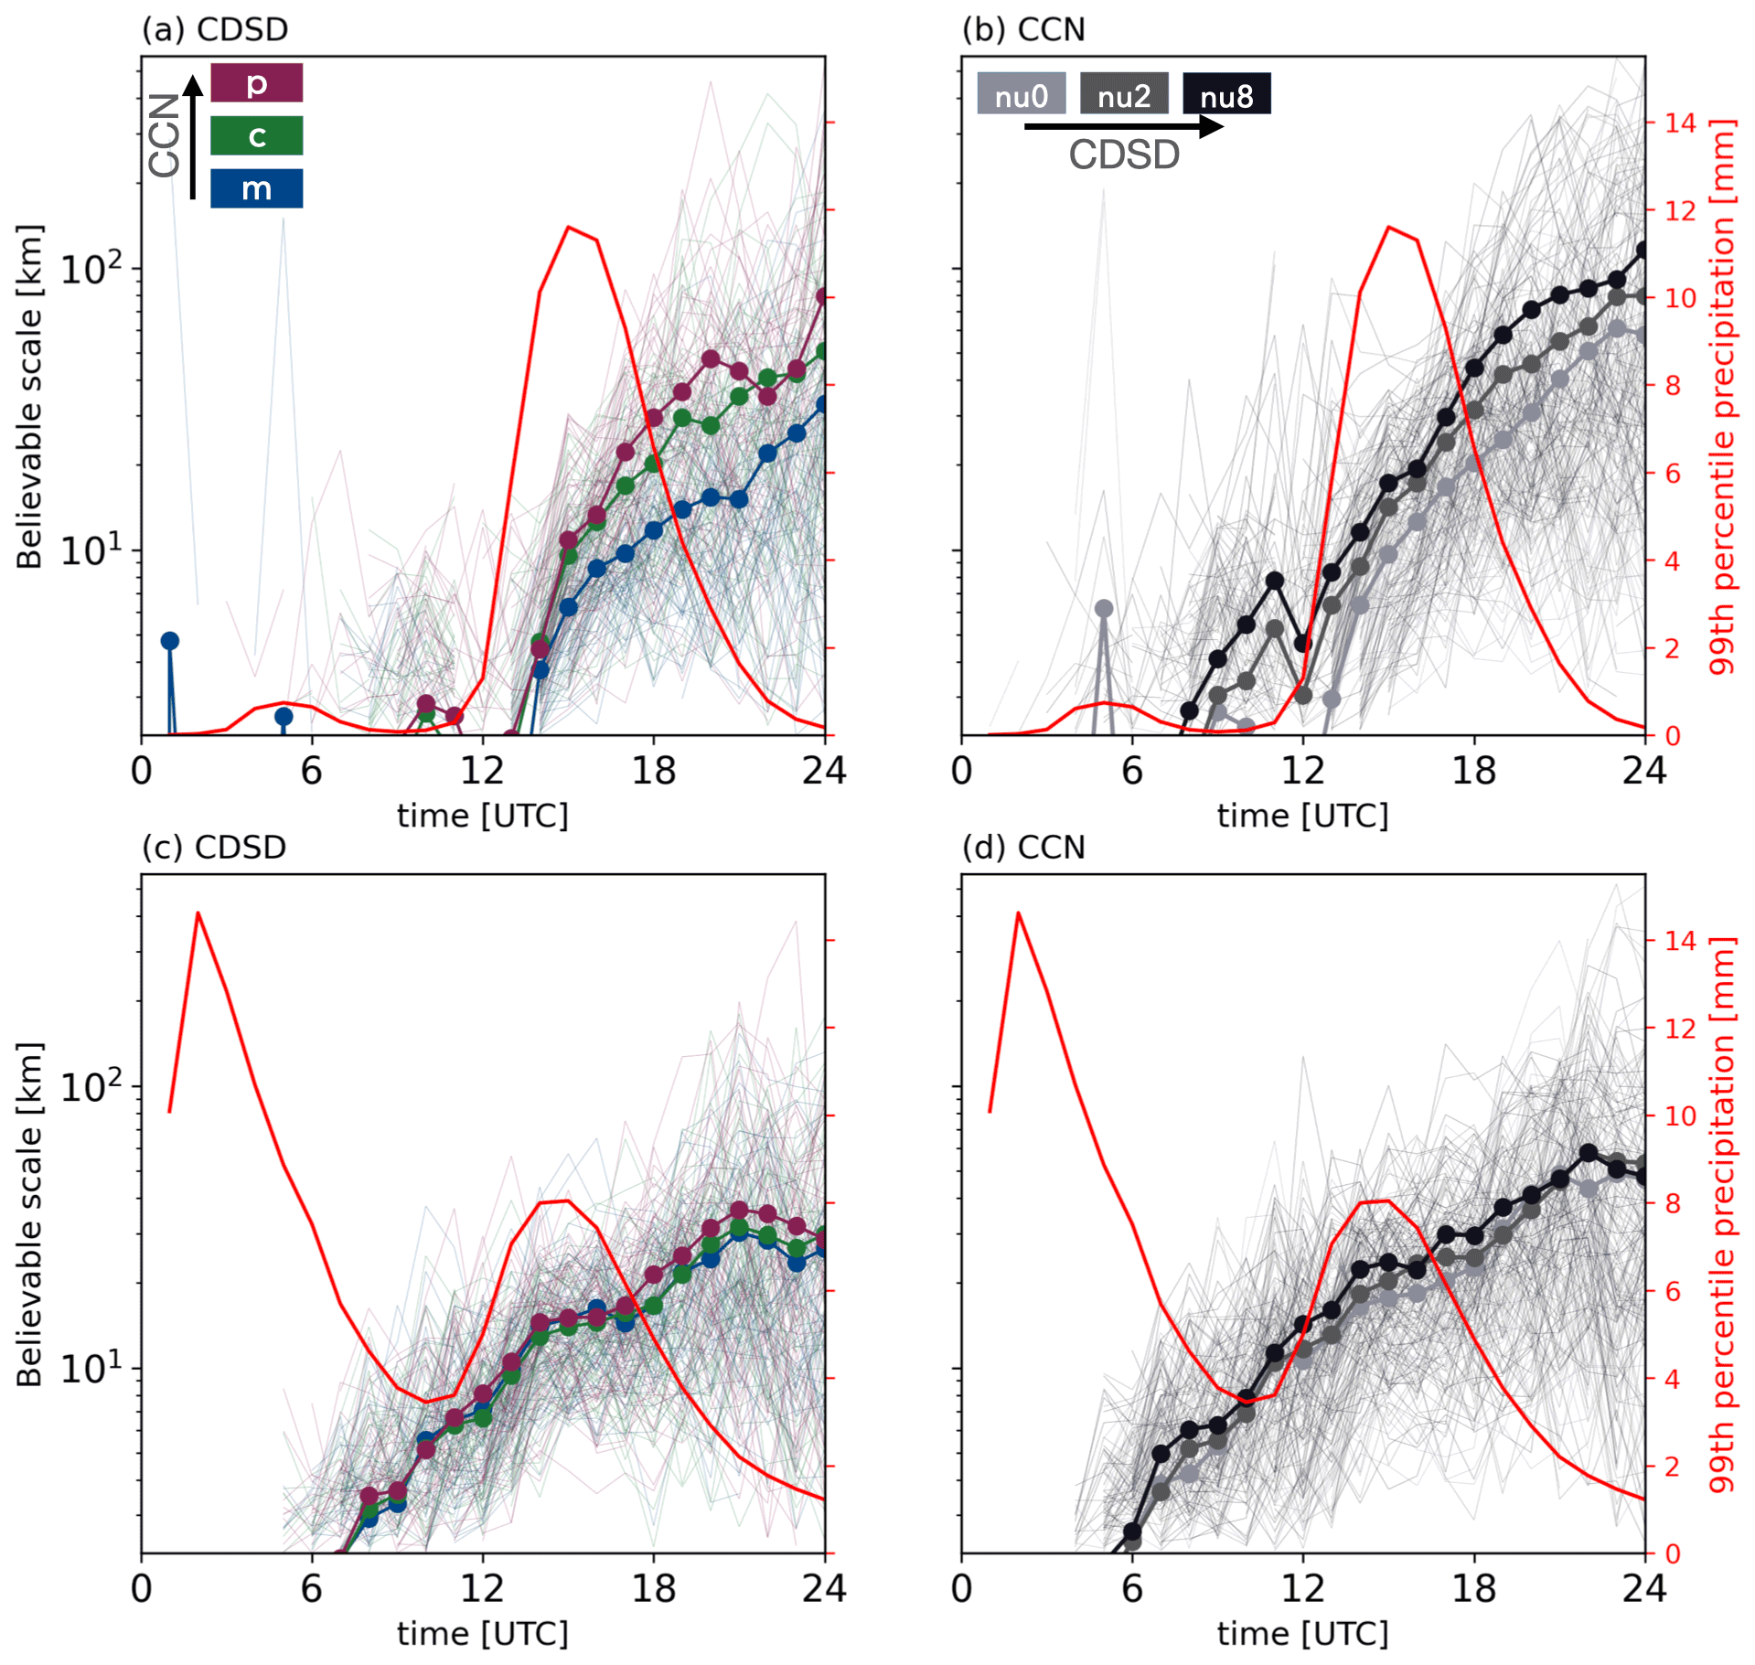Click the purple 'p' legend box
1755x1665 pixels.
pyautogui.click(x=256, y=83)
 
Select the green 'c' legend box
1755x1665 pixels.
pyautogui.click(x=256, y=135)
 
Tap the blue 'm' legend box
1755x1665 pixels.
pyautogui.click(x=256, y=188)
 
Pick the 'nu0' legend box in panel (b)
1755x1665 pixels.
pyautogui.click(x=1021, y=94)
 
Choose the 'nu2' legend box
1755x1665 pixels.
pyautogui.click(x=1123, y=94)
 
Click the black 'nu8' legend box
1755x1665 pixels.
pyautogui.click(x=1225, y=94)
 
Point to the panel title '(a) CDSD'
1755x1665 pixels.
pyautogui.click(x=215, y=29)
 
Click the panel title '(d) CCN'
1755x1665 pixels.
pyautogui.click(x=1023, y=847)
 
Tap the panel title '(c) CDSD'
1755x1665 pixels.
pyautogui.click(x=214, y=847)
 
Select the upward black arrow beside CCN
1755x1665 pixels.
pyautogui.click(x=193, y=137)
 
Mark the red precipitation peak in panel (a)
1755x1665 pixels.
pyautogui.click(x=569, y=227)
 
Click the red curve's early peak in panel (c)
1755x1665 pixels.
pyautogui.click(x=198, y=913)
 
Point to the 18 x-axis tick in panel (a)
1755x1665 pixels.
pyautogui.click(x=653, y=771)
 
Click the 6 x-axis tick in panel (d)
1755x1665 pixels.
pyautogui.click(x=1132, y=1589)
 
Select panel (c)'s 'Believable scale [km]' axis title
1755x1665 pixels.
pyautogui.click(x=29, y=1213)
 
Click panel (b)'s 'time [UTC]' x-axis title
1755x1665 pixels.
pyautogui.click(x=1302, y=815)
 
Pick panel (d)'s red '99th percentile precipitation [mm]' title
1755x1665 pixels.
pyautogui.click(x=1721, y=1213)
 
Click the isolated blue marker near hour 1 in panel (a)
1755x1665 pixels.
pyautogui.click(x=169, y=641)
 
